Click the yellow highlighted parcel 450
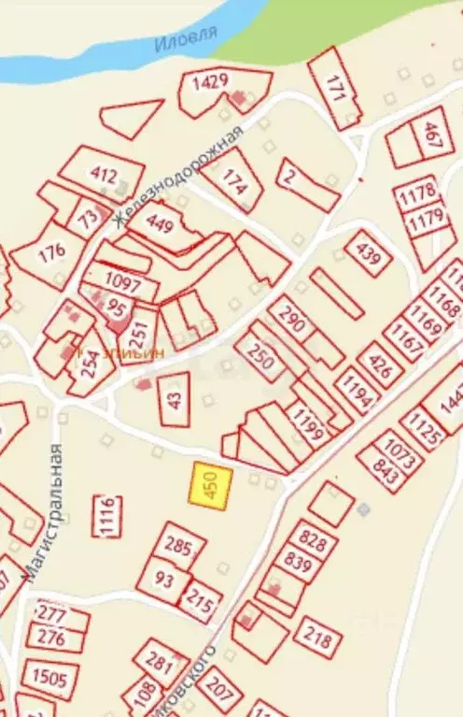[211, 486]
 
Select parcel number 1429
[211, 82]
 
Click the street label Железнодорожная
[177, 175]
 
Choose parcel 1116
[106, 515]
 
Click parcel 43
[175, 398]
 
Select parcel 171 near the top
[337, 88]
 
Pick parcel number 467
[429, 138]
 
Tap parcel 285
[177, 546]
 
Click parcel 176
[51, 251]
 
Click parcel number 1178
[416, 194]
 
